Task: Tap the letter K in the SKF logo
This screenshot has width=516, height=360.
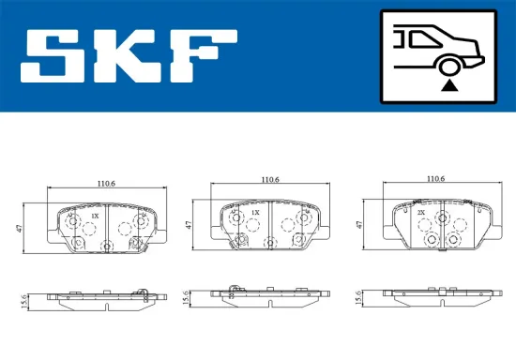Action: pos(133,56)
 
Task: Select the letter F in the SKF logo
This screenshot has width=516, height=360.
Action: pos(205,56)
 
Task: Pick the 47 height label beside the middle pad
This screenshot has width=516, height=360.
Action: pos(189,226)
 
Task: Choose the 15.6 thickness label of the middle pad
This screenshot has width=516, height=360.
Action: pos(189,297)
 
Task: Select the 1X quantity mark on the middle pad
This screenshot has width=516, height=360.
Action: pos(255,213)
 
